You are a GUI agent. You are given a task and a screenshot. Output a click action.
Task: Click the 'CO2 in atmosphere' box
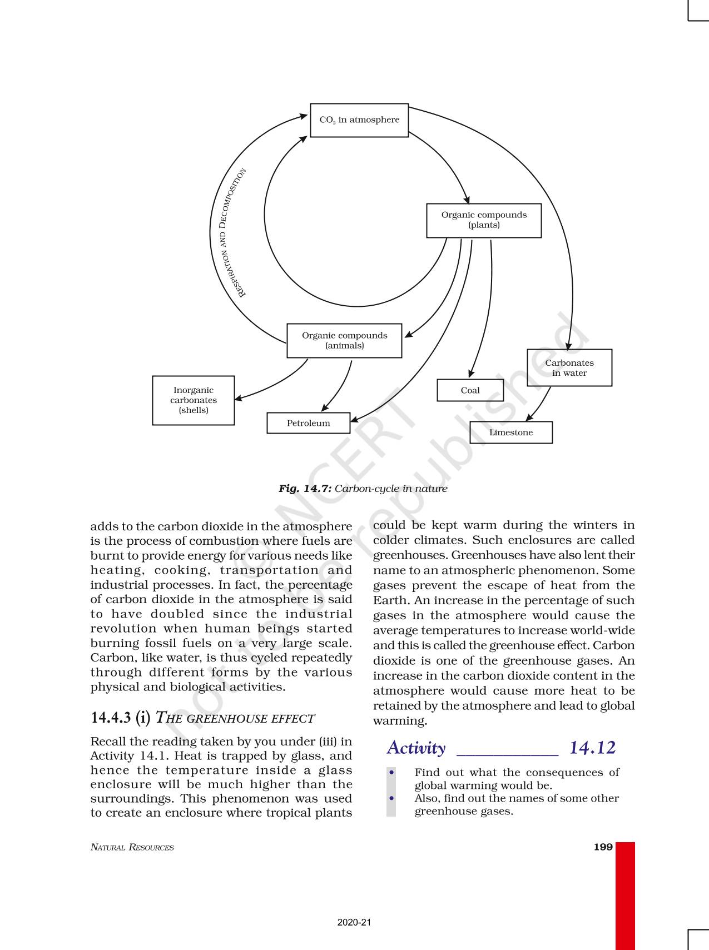coord(359,120)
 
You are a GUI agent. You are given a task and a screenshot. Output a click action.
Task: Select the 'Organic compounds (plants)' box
coord(484,220)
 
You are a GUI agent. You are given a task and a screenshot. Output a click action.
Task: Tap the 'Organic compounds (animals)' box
coord(344,340)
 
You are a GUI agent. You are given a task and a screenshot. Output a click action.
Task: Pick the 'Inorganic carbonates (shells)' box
coord(194,400)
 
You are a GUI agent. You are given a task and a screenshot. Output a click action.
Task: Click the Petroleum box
coord(309,423)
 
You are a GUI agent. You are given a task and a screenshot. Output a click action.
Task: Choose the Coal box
coord(470,390)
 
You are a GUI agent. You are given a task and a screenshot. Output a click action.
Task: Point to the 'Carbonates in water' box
coord(569,367)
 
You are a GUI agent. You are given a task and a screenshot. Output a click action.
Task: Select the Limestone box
coord(511,432)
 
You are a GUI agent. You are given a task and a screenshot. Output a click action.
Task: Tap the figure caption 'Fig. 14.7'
coord(305,489)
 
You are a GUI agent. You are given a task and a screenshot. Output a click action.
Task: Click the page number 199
coord(603,847)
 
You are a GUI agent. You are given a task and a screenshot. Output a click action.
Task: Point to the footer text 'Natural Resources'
coord(132,848)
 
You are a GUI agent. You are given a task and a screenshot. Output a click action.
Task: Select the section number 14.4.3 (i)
coord(120,718)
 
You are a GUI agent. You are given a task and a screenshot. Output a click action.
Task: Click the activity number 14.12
coord(592,748)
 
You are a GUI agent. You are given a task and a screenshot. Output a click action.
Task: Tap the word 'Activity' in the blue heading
coord(416,748)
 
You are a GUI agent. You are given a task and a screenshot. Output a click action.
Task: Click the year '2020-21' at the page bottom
coord(354,922)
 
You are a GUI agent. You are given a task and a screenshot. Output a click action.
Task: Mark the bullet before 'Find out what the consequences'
coord(392,772)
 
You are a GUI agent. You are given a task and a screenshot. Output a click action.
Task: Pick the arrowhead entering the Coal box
coord(471,374)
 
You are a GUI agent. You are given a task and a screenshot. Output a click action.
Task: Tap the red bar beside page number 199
coord(625,895)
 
